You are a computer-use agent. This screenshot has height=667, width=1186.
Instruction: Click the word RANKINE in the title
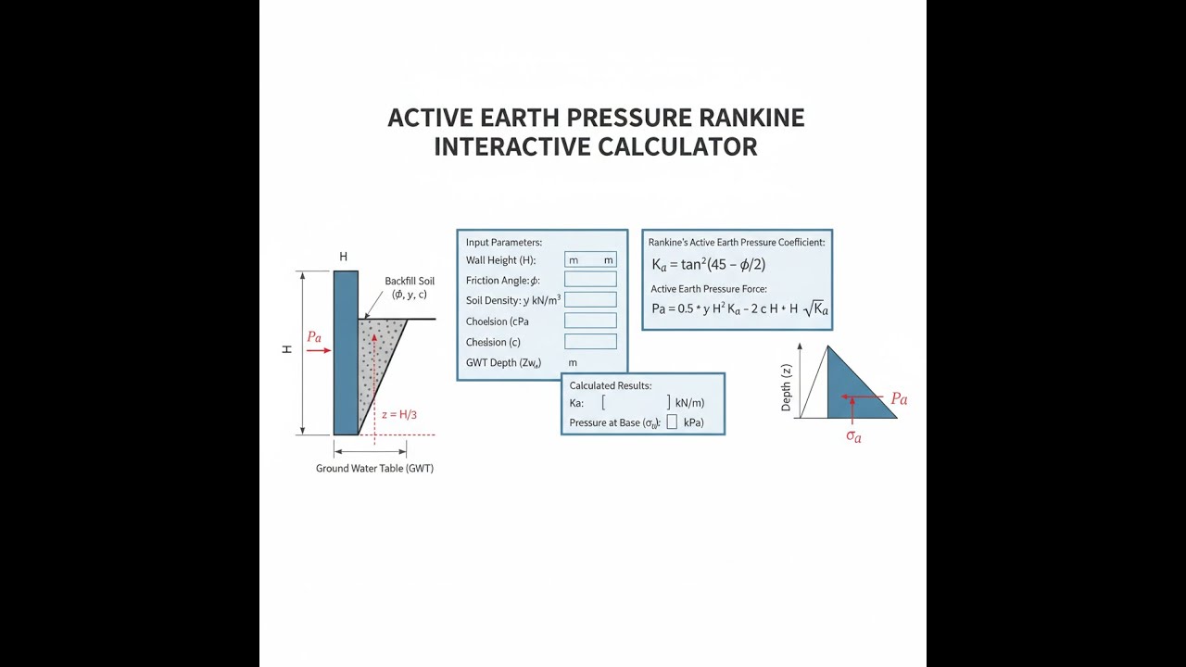click(751, 118)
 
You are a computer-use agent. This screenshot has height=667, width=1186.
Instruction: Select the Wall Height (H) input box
click(590, 259)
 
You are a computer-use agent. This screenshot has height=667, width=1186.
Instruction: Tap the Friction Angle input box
click(590, 280)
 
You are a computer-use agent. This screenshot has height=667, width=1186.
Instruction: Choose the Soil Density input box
click(590, 299)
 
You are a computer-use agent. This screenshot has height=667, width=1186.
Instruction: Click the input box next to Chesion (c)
click(590, 342)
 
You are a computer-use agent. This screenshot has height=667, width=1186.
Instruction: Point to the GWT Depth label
click(503, 363)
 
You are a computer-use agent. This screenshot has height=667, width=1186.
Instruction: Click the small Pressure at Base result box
click(672, 422)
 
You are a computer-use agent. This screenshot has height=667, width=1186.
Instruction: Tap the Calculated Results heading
click(611, 386)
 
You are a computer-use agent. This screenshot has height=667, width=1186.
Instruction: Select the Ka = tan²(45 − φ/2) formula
click(709, 265)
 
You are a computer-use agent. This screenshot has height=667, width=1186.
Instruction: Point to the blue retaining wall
click(346, 353)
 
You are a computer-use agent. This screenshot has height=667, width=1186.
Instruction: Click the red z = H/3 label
click(399, 414)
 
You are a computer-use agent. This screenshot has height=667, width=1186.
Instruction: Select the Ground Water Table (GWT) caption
click(375, 469)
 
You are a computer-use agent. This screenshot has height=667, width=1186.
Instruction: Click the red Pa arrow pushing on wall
click(320, 350)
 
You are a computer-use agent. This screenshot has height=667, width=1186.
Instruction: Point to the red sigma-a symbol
click(853, 436)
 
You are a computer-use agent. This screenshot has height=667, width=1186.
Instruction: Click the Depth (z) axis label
click(787, 387)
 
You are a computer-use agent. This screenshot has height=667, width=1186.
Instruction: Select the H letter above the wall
click(343, 257)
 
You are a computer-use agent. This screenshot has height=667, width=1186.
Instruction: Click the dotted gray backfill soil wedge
click(377, 360)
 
